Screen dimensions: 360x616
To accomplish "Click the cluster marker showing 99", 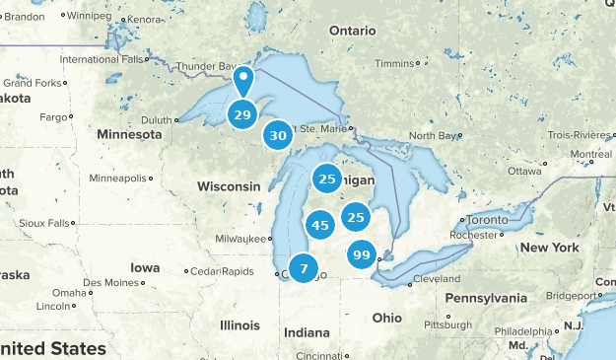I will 362,255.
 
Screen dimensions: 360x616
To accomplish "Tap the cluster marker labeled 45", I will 319,225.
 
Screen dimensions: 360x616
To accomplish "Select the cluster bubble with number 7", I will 304,267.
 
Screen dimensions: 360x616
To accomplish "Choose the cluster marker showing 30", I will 279,136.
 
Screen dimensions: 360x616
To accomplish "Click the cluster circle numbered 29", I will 241,114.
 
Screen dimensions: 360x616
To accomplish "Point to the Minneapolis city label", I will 117,179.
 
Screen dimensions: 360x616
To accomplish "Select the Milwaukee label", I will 240,239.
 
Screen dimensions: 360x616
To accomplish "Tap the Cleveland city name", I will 439,279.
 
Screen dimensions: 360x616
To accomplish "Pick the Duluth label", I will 156,119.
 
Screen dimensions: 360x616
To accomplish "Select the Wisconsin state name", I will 229,186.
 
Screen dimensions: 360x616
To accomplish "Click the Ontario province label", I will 353,31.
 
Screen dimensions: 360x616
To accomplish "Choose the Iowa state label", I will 144,267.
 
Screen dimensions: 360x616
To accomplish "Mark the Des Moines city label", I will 111,282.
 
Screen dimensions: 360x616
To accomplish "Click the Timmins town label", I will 394,63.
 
